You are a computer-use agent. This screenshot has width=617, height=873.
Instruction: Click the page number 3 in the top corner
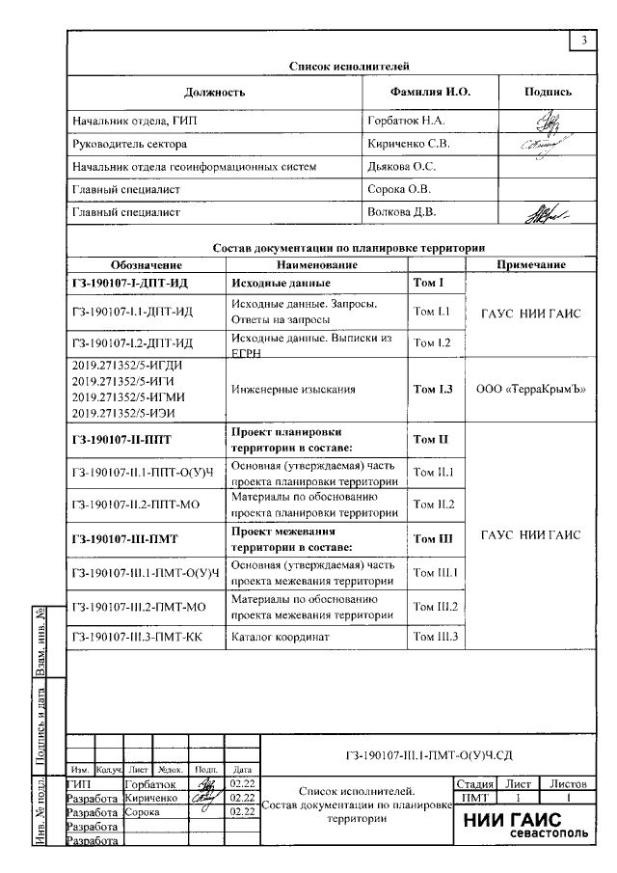click(584, 41)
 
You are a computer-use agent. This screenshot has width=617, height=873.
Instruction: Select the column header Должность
click(214, 93)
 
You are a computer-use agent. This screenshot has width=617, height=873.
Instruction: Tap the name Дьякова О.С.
click(398, 167)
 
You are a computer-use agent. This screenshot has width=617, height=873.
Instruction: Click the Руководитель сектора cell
click(130, 144)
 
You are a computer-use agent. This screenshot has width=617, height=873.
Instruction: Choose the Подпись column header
click(548, 93)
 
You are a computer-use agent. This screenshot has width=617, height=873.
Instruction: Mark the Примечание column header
click(530, 264)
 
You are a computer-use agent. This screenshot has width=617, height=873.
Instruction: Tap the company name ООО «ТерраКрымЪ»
click(531, 390)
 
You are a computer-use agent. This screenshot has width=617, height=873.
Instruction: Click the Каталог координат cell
click(281, 638)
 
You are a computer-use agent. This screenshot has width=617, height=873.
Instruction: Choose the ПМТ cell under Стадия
click(475, 800)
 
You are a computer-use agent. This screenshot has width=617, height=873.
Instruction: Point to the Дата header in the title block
click(242, 770)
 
